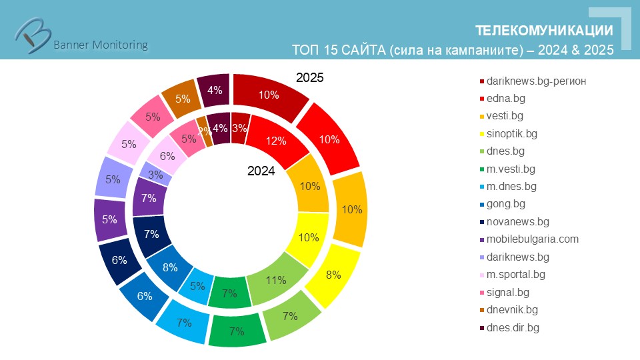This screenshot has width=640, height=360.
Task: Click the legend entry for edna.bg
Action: point(514,99)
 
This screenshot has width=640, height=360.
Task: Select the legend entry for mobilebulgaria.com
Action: point(533,239)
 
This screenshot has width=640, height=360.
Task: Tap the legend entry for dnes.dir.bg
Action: point(513,327)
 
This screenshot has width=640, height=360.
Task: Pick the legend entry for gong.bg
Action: point(506,204)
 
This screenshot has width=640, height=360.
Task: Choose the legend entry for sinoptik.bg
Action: point(512,133)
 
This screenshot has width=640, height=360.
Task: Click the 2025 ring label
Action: point(310,78)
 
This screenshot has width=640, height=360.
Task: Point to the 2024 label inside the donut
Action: point(261,171)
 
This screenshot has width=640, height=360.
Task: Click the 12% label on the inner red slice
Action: point(275,141)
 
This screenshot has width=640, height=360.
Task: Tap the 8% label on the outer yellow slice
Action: point(333,274)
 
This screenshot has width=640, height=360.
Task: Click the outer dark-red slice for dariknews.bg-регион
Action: point(269,95)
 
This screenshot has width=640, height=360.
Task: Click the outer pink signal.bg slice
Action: point(152,117)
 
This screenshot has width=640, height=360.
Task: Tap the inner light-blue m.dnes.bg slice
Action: point(198,285)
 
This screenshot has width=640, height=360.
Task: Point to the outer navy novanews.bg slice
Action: point(120,260)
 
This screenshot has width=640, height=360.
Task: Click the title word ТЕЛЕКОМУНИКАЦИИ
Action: point(544,31)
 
